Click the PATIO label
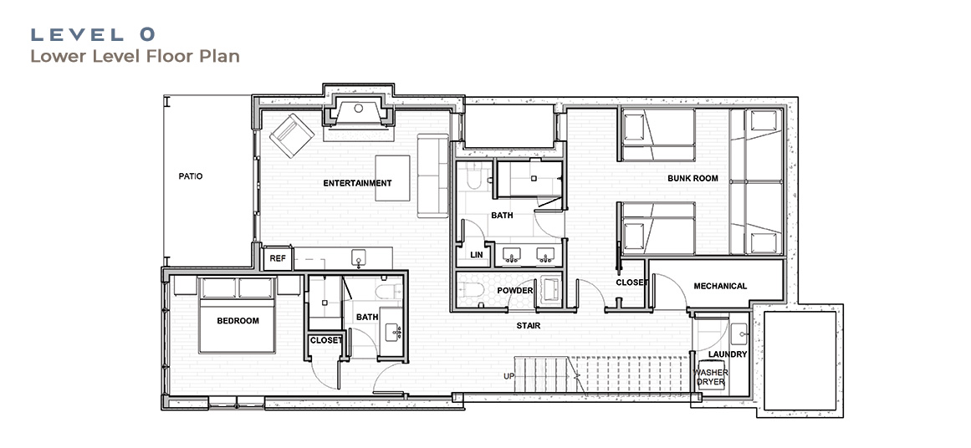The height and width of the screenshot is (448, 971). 191,176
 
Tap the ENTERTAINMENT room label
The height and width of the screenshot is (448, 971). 357,183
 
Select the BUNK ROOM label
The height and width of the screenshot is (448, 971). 693,178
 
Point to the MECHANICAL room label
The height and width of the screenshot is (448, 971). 720,286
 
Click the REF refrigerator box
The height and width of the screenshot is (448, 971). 278,258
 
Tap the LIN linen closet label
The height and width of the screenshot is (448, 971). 477,255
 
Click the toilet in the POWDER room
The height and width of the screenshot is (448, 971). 469,289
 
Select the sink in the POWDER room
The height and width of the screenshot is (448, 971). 550,289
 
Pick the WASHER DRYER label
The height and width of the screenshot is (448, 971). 710,378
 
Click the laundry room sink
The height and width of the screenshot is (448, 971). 738,335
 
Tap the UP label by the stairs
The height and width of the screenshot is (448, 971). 510,376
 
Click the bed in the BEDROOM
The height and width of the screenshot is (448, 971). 238,315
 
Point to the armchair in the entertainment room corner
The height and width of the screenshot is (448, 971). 291,135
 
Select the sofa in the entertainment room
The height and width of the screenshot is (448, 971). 433,176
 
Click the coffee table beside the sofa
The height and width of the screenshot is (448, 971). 392,177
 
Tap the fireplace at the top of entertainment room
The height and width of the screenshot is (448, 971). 359,111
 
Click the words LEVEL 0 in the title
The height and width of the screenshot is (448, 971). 93,34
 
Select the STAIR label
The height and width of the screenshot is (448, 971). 529,325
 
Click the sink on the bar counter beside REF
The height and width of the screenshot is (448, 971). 358,257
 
